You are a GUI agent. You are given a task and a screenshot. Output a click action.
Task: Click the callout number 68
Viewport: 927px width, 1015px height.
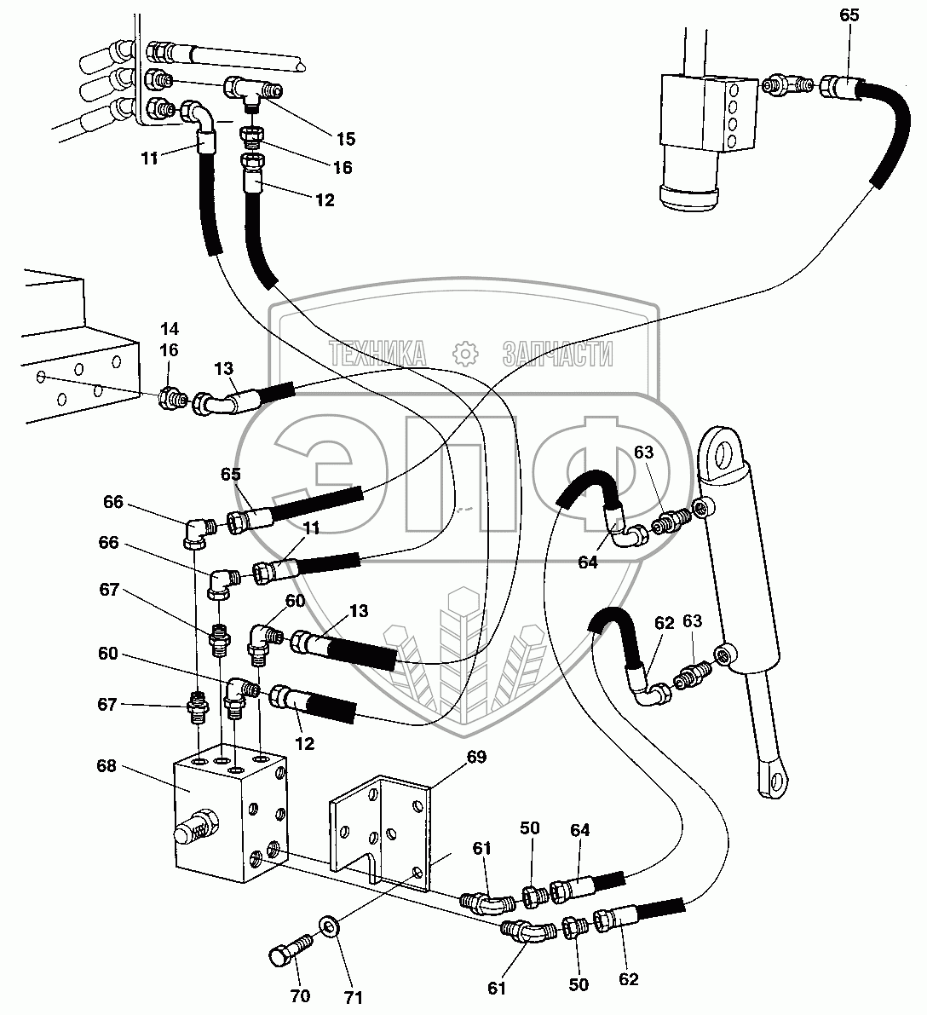(107, 766)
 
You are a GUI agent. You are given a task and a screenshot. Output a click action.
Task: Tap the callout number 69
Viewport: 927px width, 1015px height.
(476, 757)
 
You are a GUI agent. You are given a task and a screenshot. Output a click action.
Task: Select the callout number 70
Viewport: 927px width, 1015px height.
(300, 995)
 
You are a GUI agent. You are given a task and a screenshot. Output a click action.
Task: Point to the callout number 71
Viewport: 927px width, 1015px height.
(353, 997)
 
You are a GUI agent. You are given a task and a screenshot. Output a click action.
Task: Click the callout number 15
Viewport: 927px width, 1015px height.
(346, 139)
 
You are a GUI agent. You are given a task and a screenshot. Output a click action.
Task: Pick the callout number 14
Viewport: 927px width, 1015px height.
(169, 329)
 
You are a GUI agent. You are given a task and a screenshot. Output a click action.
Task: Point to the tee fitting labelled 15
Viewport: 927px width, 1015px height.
(253, 90)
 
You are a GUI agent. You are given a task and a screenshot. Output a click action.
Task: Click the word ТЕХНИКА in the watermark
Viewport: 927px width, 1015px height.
(377, 354)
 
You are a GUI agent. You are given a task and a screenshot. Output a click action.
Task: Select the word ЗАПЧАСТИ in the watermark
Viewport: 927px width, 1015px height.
(556, 354)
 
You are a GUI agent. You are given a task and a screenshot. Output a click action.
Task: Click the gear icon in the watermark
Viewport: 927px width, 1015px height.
(465, 354)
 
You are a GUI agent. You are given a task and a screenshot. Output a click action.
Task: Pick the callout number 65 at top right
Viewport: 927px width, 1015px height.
(849, 14)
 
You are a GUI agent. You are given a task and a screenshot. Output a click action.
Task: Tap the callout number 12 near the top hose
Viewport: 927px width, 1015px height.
(325, 200)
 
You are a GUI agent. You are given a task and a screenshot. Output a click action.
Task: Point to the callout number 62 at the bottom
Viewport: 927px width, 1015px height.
(628, 979)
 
